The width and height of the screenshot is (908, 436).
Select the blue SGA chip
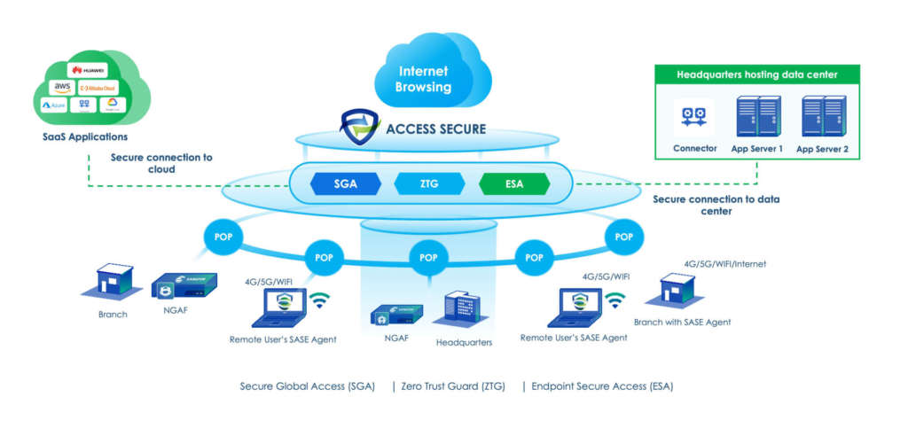(x=345, y=183)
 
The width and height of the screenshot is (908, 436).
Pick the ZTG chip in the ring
(x=429, y=183)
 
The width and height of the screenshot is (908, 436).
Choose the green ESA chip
(x=514, y=183)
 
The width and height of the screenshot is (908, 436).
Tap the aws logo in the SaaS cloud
(x=62, y=87)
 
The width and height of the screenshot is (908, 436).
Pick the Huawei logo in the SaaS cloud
(x=89, y=70)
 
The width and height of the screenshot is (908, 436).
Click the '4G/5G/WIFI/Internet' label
(x=724, y=263)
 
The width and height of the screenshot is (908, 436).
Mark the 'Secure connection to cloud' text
(x=161, y=163)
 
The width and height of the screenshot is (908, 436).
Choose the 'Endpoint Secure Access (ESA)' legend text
(x=602, y=386)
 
